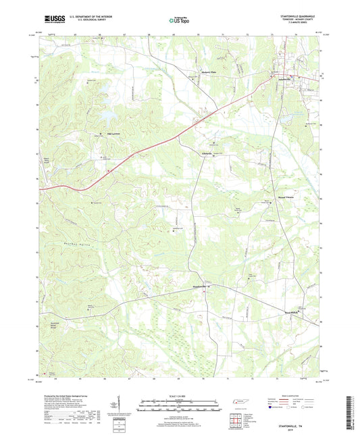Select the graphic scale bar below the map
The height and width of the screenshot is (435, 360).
coord(180,407)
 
